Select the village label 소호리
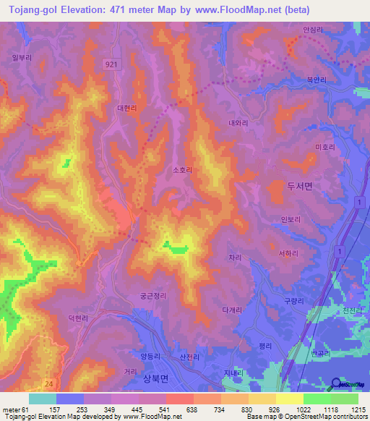coord(182,171)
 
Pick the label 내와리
coord(238,124)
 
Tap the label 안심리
coord(312,30)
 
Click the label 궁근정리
coord(153,295)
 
